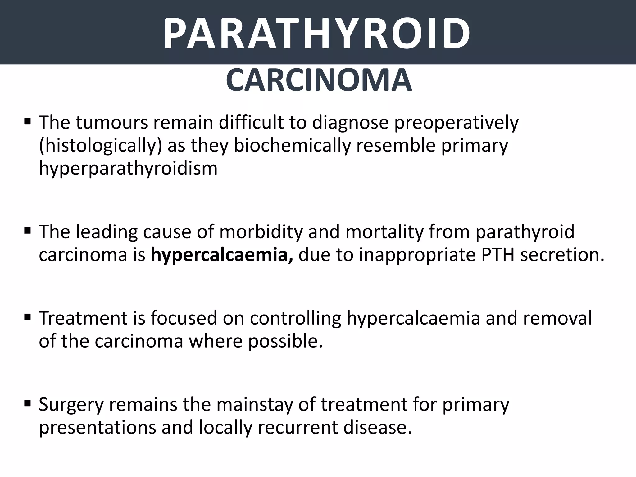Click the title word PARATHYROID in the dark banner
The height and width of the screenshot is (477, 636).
[317, 34]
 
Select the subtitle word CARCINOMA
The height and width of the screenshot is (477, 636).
[319, 80]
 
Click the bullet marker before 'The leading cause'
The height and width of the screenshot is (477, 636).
[27, 230]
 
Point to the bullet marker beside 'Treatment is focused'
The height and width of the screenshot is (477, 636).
[27, 317]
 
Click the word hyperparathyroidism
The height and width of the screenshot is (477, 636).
[128, 168]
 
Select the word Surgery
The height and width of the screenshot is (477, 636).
[71, 405]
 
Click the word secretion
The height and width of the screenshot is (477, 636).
[562, 255]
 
